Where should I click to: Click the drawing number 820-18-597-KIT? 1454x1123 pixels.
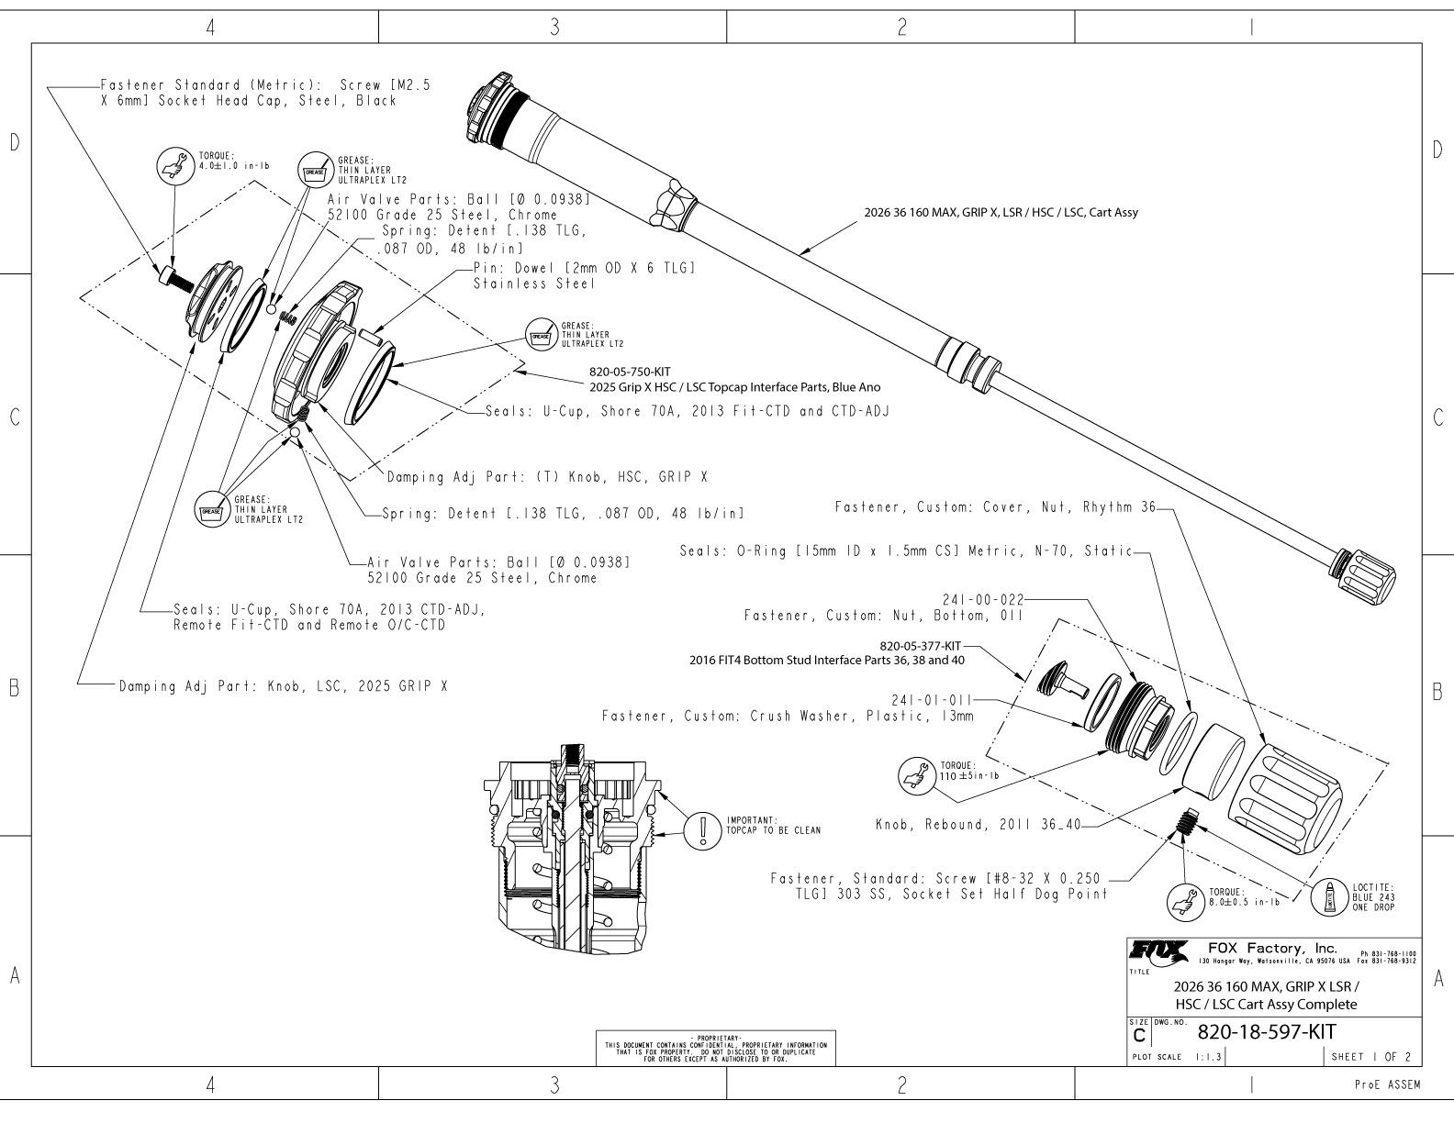coord(1267,1031)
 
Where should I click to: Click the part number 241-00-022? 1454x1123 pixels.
coord(982,599)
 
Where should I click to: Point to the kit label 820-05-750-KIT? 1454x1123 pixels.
coord(629,372)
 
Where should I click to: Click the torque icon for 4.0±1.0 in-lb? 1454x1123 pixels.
coord(173,164)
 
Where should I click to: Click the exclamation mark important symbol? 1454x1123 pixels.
coord(703,829)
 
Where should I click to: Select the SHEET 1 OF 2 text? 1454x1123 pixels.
coord(1371,1056)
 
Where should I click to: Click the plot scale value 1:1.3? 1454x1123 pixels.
coord(1208,1057)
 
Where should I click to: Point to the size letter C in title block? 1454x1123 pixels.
coord(1139,1036)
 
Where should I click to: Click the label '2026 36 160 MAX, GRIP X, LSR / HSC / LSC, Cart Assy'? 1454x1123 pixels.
coord(1001,213)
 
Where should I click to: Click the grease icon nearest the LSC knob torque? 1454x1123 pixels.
coord(314,170)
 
